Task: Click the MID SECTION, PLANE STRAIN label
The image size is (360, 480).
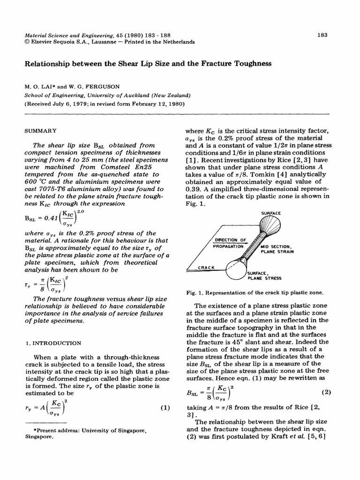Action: pyautogui.click(x=277, y=248)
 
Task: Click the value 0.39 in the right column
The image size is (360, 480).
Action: pyautogui.click(x=193, y=188)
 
